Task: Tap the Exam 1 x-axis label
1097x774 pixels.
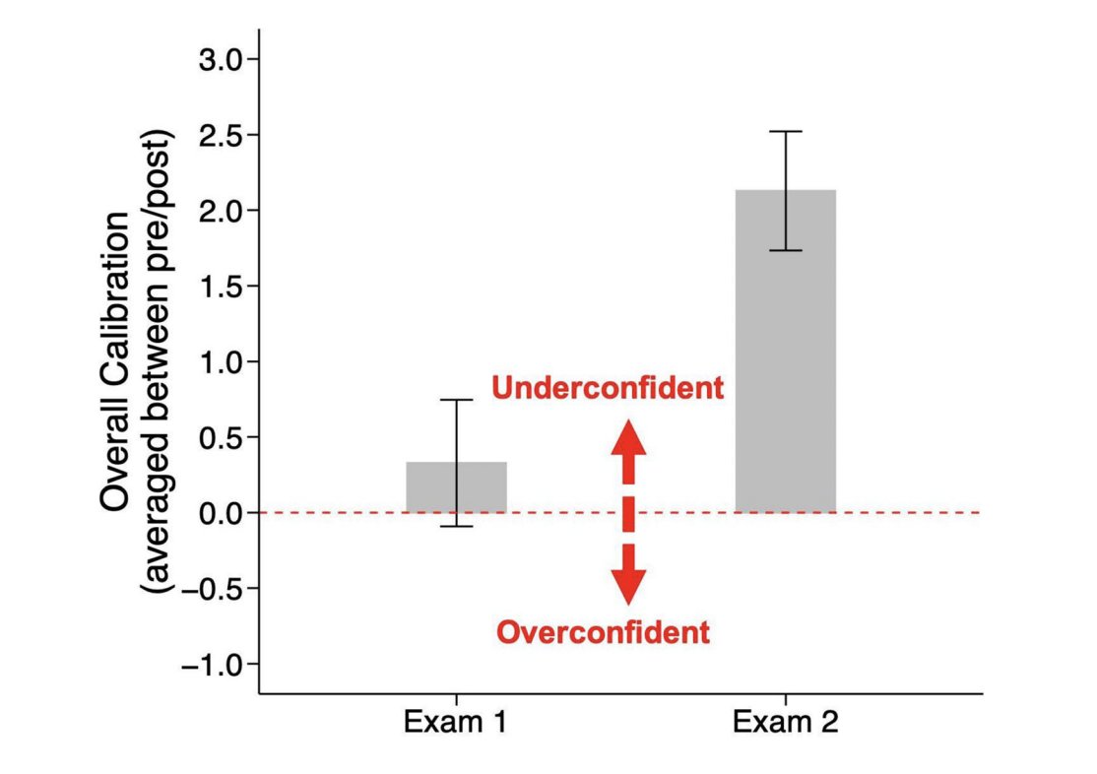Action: pos(455,724)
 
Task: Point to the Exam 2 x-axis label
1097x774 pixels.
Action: pos(786,724)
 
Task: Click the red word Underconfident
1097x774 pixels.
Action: pos(608,388)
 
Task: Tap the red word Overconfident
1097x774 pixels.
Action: pos(603,632)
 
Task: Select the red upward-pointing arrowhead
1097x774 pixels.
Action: pos(628,436)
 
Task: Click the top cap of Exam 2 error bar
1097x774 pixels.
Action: pos(786,131)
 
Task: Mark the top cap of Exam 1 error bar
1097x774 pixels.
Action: pos(456,400)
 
